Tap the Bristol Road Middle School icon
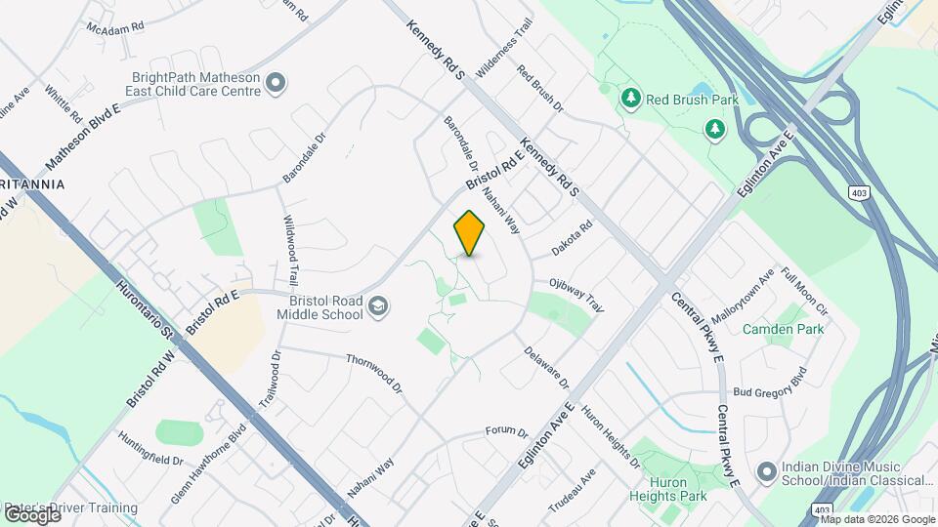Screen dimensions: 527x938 click(x=378, y=308)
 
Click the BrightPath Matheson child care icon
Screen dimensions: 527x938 click(x=276, y=83)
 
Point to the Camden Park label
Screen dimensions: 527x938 click(x=783, y=329)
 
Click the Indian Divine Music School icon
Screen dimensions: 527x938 click(x=767, y=473)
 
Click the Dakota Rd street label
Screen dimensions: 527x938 click(x=572, y=238)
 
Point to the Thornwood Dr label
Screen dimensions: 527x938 click(x=373, y=373)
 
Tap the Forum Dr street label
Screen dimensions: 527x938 click(x=507, y=432)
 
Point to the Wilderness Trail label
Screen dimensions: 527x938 click(x=504, y=49)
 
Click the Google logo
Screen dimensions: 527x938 click(x=31, y=513)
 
